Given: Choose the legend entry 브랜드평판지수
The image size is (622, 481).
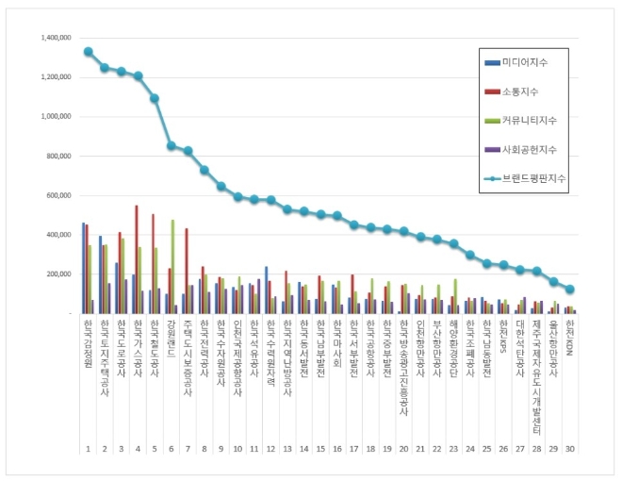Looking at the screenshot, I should click(x=531, y=177).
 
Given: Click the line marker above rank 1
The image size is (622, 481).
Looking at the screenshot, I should click(x=88, y=52).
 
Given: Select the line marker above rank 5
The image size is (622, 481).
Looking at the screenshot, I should click(x=155, y=98).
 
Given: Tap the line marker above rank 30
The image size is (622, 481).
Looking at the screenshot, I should click(x=569, y=290).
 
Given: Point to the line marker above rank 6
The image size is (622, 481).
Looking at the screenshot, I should click(x=171, y=145).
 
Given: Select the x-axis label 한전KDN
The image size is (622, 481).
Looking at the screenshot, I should click(x=569, y=338).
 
